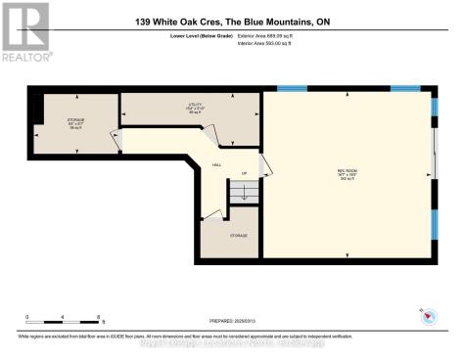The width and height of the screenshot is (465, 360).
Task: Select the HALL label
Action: (217, 165)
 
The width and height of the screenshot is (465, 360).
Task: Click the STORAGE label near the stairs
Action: (238, 236)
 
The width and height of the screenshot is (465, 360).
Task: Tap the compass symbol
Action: (426, 316)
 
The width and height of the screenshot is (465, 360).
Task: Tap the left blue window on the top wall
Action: (292, 89)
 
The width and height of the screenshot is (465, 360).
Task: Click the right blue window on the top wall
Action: (405, 89)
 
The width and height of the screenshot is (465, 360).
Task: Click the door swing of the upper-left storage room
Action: (115, 140)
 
